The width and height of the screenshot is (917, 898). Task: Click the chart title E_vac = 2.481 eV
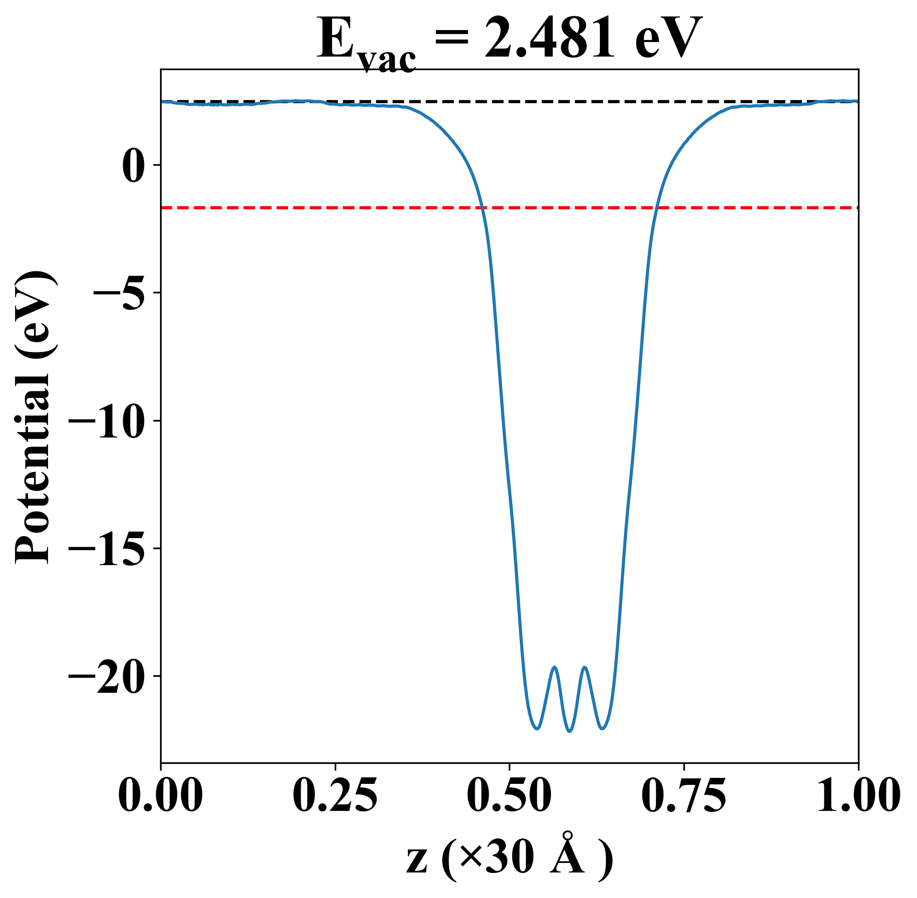point(509,40)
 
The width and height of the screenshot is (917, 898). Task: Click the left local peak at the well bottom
point(554,667)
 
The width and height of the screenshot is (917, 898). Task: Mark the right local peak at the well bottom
point(584,667)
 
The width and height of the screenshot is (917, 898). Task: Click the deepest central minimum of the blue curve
point(569,731)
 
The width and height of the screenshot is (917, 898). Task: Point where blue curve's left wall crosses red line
point(482,207)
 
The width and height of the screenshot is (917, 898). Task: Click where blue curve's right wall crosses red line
point(656,207)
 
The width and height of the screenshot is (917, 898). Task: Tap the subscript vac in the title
point(387,60)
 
